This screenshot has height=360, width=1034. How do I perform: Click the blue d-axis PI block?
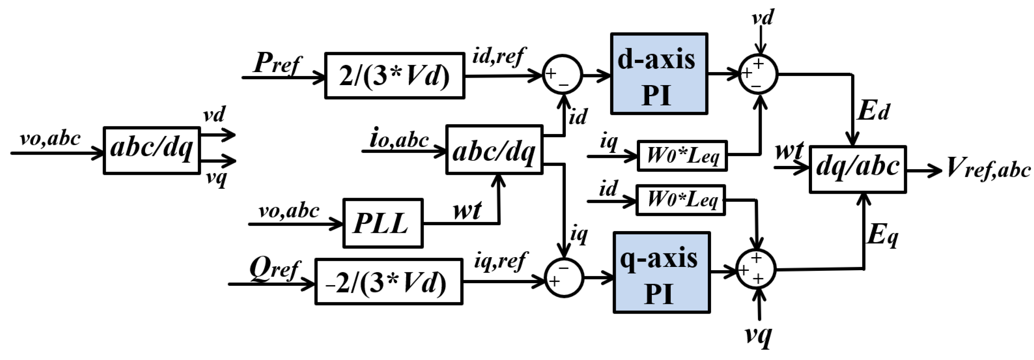coord(659,74)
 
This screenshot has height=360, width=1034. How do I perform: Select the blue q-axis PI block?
coord(661,272)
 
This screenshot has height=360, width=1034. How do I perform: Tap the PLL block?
coord(383,223)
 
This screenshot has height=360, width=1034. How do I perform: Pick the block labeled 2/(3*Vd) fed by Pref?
coord(394,75)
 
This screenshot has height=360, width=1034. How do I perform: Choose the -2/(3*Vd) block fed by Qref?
coord(388,282)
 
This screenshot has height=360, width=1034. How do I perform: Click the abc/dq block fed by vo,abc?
coord(152,151)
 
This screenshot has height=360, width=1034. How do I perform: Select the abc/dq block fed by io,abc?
coord(494,150)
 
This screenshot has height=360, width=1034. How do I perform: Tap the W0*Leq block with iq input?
coord(682,156)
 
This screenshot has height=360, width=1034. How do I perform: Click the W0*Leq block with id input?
coord(681,200)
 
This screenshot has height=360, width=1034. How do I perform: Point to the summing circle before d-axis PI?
coord(562,75)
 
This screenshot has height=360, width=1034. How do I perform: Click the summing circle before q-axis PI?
coord(564,277)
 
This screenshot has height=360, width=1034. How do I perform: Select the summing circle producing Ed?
coord(758,74)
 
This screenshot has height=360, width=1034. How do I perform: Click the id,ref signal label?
coord(498,56)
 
